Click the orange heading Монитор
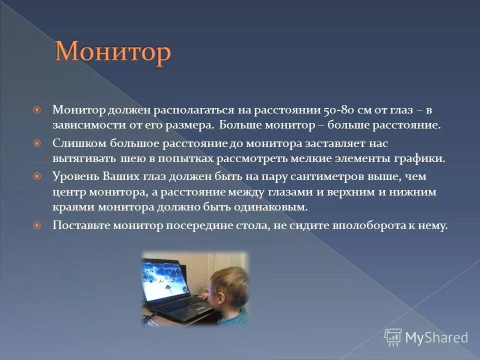pyautogui.click(x=112, y=52)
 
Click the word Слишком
pyautogui.click(x=75, y=143)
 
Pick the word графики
pyautogui.click(x=422, y=159)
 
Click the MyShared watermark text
pyautogui.click(x=436, y=337)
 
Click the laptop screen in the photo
pyautogui.click(x=165, y=280)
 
